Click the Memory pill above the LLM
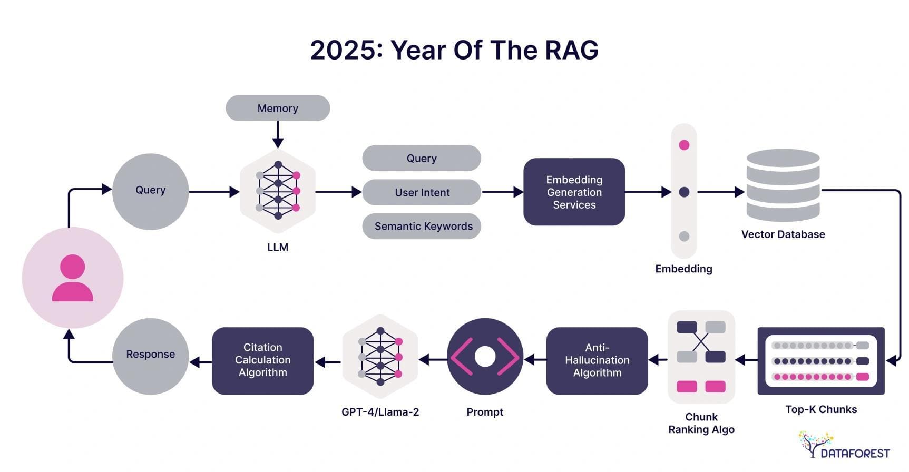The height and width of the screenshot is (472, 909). point(278,108)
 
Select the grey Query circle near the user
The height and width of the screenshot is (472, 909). point(151,191)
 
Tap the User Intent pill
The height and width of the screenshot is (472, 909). point(422,192)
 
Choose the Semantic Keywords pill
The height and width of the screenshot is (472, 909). point(422,226)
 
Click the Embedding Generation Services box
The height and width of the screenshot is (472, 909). point(574,192)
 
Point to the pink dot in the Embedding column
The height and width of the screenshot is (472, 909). point(684,145)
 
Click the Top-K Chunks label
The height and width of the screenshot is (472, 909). point(821,409)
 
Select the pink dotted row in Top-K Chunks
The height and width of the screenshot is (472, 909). point(820,377)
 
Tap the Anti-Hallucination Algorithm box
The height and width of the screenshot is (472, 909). point(597,360)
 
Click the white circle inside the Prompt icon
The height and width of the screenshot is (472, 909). point(485,357)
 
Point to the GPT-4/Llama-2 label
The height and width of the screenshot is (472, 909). point(380,412)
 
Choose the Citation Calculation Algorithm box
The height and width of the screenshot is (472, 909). point(262,360)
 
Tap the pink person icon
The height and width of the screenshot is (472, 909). point(73,278)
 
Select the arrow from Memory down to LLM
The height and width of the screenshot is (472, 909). point(278,135)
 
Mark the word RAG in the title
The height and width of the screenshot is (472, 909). point(571,51)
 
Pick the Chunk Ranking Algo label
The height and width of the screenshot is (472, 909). point(701,423)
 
